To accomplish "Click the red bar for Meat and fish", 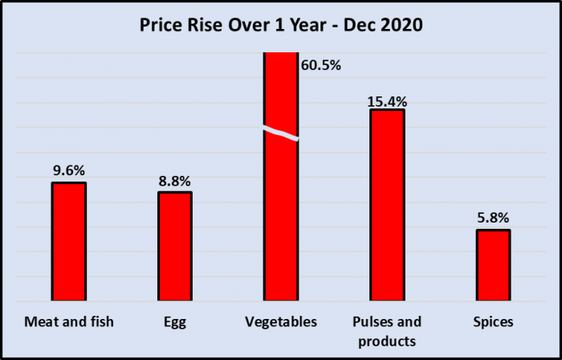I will tap(69, 241).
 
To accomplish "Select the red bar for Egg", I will tap(175, 246).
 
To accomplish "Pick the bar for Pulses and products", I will tap(387, 205).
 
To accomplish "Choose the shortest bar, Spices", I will tap(493, 265).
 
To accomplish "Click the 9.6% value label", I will tap(69, 170).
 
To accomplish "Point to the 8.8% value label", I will tap(175, 181).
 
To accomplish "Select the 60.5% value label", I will tap(321, 65).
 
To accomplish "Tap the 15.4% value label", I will tap(387, 101).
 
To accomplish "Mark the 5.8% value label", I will tap(493, 218).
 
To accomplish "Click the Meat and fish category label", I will tap(69, 322).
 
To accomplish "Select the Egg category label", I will tap(175, 322).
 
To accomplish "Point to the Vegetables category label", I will tap(281, 322).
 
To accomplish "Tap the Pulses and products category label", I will tap(387, 331).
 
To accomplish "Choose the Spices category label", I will tap(493, 322).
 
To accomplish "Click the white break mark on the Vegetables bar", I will tap(281, 133).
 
